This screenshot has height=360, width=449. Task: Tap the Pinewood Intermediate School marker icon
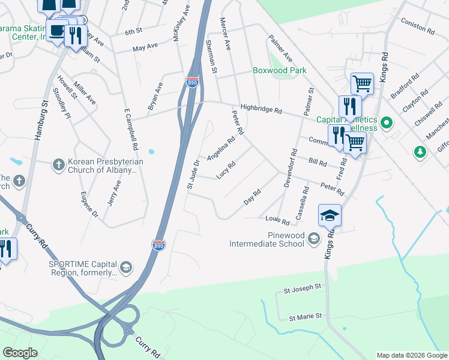click(313, 239)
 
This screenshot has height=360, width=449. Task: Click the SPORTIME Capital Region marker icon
click(126, 267)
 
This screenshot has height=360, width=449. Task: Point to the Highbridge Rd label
click(261, 109)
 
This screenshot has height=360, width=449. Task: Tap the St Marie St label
click(306, 316)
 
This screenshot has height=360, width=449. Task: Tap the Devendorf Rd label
click(290, 168)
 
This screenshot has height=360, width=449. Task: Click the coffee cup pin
click(58, 31)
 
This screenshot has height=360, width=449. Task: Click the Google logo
click(20, 353)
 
